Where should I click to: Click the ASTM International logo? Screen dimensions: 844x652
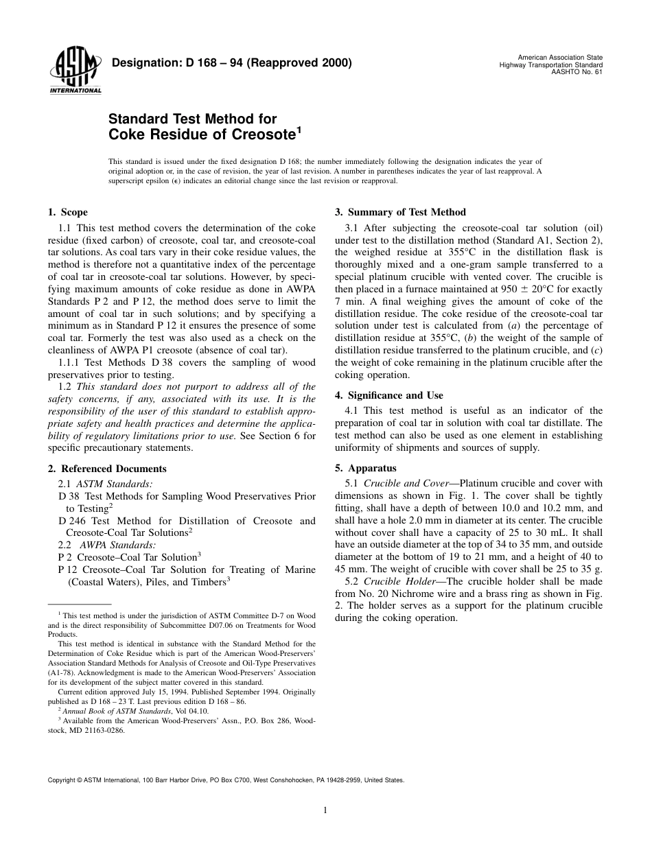(75, 71)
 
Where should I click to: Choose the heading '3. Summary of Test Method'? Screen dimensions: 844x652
(400, 213)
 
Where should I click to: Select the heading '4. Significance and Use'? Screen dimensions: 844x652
(388, 396)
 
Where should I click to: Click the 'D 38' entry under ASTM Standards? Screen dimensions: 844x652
(69, 496)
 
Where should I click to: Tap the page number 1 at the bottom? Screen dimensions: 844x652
(325, 810)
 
